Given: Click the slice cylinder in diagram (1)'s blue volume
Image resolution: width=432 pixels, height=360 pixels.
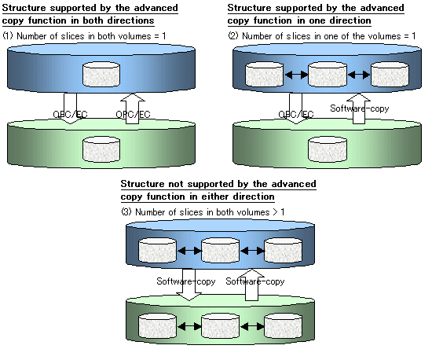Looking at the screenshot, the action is (x=101, y=74).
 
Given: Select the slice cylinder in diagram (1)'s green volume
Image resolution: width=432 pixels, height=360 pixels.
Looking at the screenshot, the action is (x=101, y=149).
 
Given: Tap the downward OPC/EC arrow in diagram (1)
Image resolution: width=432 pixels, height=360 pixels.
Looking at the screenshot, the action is (x=70, y=108).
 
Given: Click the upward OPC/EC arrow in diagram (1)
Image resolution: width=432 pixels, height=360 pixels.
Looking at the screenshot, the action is (x=133, y=108).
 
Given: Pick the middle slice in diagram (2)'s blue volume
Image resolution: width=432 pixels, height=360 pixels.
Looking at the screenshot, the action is (x=328, y=74).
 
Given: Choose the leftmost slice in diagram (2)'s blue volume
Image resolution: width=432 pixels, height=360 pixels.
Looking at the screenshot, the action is (x=264, y=74).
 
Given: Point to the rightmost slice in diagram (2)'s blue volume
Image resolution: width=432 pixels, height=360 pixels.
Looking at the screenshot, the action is (x=390, y=74).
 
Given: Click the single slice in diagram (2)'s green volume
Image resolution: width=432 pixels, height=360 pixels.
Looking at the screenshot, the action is (x=328, y=149).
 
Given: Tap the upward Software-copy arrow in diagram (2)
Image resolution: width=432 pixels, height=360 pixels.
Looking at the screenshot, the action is (x=358, y=108).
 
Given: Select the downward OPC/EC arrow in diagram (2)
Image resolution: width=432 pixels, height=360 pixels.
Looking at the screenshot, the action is (x=296, y=108).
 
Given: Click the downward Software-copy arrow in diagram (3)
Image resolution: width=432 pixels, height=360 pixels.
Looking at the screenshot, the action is (x=189, y=285).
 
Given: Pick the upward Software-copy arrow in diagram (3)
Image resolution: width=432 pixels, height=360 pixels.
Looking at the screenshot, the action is (x=251, y=285).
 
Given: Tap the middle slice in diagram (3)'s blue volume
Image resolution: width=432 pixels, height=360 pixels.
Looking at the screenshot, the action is (x=220, y=250).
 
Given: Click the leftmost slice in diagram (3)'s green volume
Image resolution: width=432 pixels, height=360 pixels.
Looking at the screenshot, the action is (x=157, y=325).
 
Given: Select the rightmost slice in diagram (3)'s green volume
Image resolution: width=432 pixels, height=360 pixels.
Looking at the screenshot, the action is (x=284, y=325).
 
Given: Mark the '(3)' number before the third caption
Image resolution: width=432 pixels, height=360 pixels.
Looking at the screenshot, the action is (x=126, y=212).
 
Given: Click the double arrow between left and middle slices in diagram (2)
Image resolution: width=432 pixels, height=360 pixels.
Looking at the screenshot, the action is (x=296, y=75).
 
